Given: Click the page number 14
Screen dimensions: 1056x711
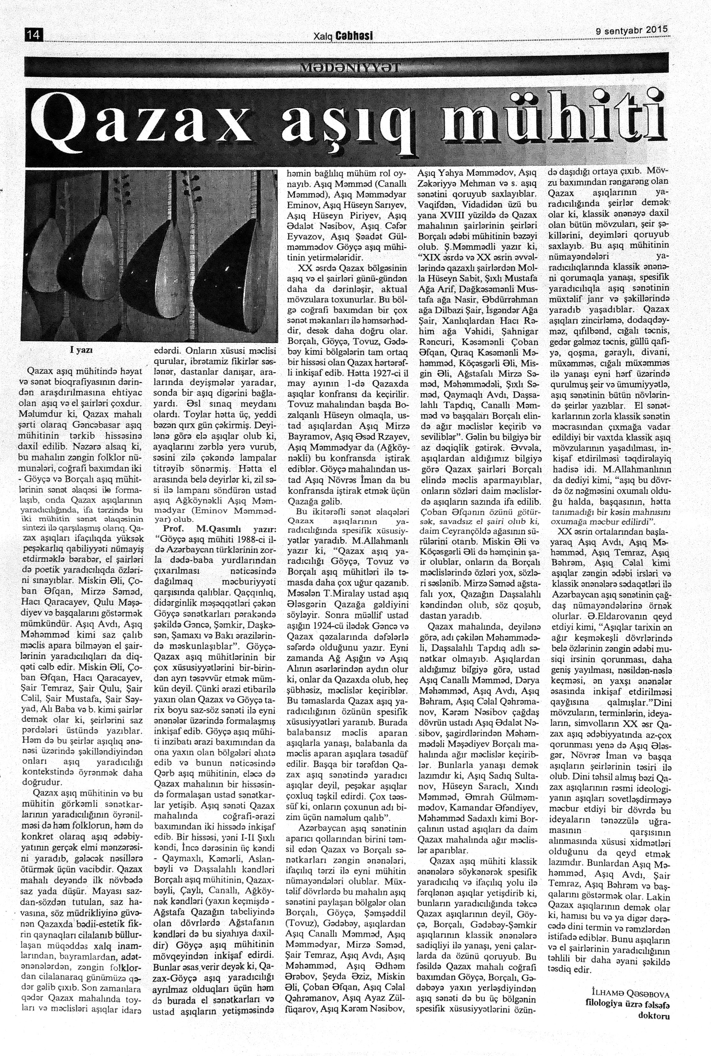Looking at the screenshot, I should pos(34,35).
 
